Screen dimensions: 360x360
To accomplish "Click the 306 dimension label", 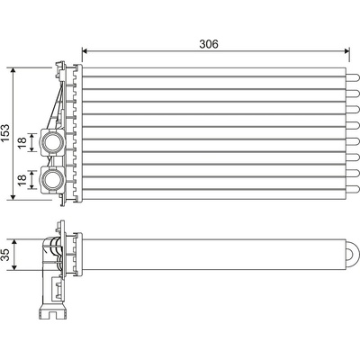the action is (x=209, y=44).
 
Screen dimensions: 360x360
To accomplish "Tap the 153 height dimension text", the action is (x=5, y=132).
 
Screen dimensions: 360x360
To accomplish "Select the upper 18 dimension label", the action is (x=22, y=142).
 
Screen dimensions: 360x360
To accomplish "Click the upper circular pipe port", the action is (x=52, y=142).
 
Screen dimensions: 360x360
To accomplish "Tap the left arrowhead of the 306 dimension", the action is (x=85, y=51).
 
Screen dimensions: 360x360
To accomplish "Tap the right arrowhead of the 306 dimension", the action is (x=347, y=51).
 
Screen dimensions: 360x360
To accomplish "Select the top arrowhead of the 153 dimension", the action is (x=13, y=70).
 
